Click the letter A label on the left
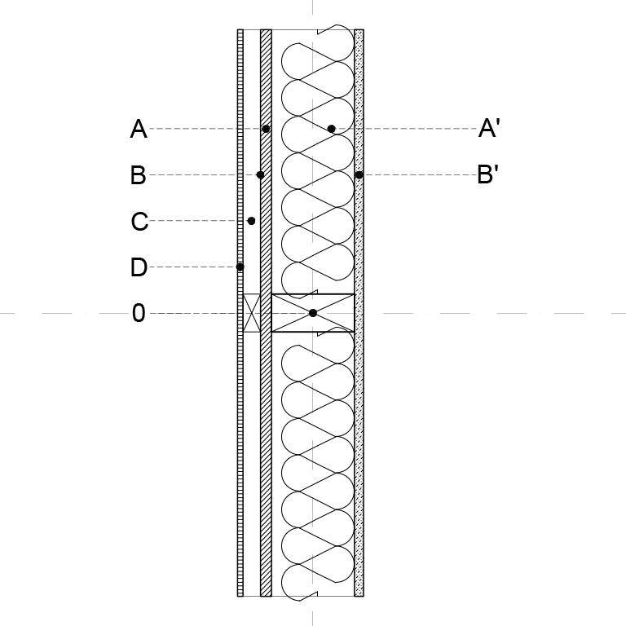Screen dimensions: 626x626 point(139,129)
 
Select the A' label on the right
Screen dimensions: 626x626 point(489,128)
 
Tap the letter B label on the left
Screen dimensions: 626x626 point(138,175)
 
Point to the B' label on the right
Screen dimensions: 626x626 point(488,174)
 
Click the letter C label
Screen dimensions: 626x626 point(139,221)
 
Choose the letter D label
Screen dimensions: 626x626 point(139,267)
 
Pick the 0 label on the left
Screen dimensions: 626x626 point(139,313)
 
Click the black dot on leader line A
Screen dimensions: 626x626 point(266,129)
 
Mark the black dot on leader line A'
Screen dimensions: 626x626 point(332,129)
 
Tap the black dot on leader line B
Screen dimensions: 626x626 point(260,175)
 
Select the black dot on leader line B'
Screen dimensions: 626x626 point(359,175)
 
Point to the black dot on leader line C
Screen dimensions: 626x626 point(251,221)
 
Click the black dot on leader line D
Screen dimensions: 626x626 point(240,267)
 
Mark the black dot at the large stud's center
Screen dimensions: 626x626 point(313,313)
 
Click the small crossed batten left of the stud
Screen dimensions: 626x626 point(252,313)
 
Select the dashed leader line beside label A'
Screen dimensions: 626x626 point(407,129)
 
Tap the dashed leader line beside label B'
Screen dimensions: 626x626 point(420,175)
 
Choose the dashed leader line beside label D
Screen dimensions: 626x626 point(192,267)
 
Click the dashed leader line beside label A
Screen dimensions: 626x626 point(205,129)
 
